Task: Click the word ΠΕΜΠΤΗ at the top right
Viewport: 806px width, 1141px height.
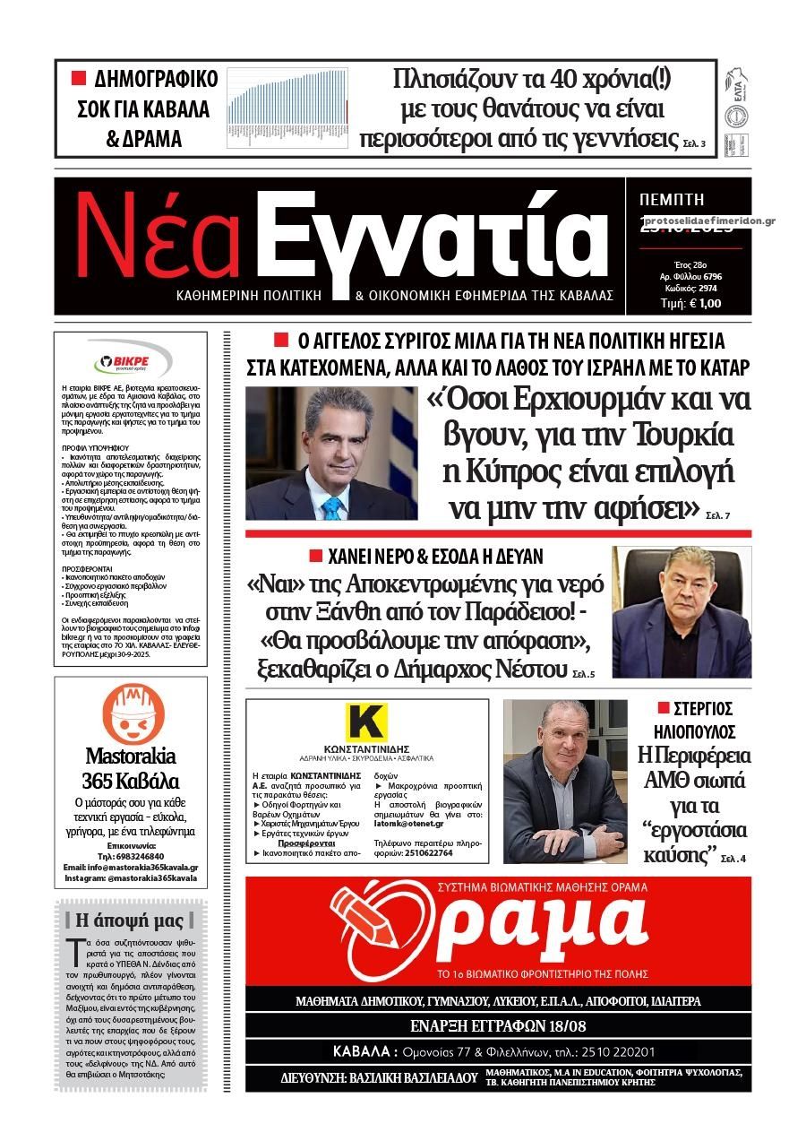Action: (673, 199)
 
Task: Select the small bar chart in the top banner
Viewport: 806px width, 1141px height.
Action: (287, 108)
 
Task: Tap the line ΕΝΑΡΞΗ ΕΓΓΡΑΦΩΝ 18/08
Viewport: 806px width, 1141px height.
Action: (498, 1025)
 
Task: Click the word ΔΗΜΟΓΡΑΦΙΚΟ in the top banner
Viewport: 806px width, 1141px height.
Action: (155, 79)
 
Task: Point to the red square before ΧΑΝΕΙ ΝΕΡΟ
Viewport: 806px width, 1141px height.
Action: (314, 557)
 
